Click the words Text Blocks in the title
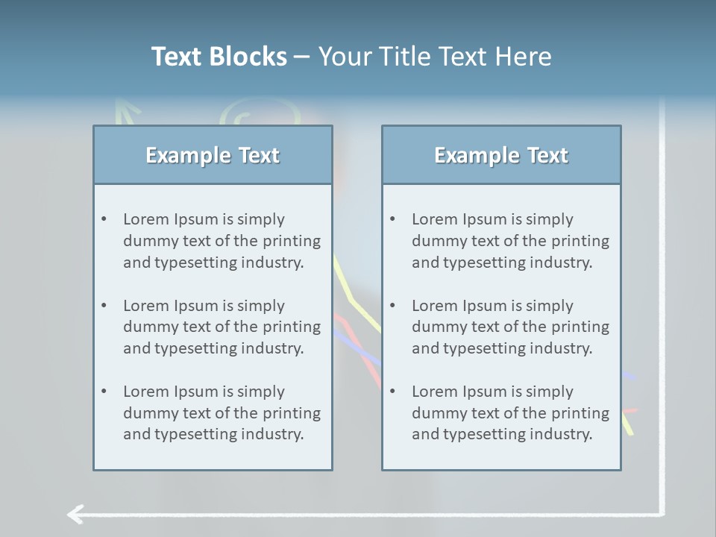pyautogui.click(x=219, y=57)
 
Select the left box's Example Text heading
pyautogui.click(x=213, y=155)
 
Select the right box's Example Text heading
pyautogui.click(x=501, y=155)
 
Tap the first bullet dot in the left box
pyautogui.click(x=104, y=219)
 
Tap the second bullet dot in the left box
pyautogui.click(x=104, y=306)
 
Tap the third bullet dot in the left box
pyautogui.click(x=104, y=392)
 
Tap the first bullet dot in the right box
pyautogui.click(x=392, y=219)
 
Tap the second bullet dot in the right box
pyautogui.click(x=392, y=306)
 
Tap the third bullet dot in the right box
pyautogui.click(x=392, y=392)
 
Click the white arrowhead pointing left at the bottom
pyautogui.click(x=74, y=514)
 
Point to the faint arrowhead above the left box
pyautogui.click(x=128, y=110)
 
